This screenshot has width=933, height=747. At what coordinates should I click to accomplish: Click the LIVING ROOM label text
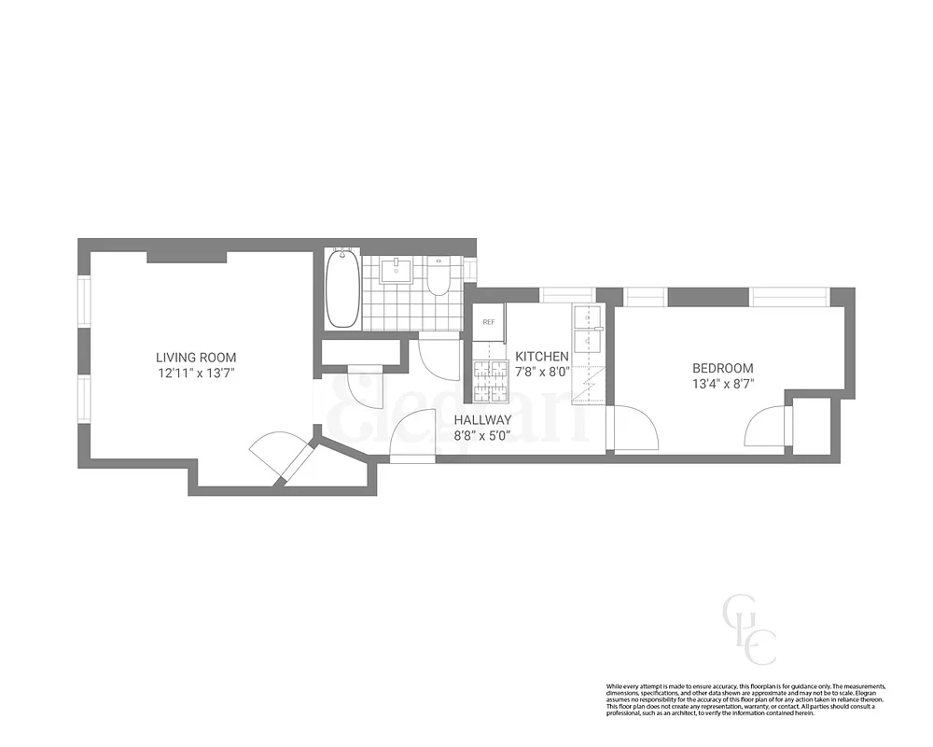196,357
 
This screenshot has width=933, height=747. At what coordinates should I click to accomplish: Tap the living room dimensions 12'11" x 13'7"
196,373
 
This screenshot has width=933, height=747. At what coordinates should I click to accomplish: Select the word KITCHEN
542,357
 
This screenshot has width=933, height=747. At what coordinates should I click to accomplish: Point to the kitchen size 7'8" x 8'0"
542,372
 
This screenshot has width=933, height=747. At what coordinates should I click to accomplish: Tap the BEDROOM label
722,368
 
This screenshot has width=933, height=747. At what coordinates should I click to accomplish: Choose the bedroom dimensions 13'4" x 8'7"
722,384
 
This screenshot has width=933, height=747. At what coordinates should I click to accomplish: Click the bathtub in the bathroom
342,287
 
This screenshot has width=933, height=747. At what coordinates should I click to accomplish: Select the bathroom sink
397,271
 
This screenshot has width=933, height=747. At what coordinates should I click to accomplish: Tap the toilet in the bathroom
439,278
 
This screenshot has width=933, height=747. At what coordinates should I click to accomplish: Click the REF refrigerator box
488,321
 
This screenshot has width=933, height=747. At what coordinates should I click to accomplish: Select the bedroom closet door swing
765,428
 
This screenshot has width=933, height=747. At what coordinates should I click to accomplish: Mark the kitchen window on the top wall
568,295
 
